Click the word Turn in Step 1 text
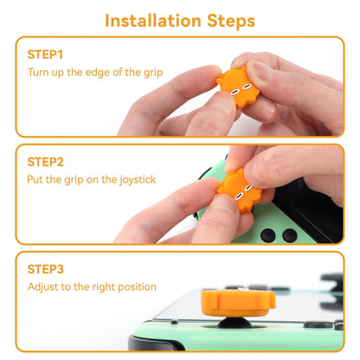click(x=40, y=72)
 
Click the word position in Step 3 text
click(x=138, y=286)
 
